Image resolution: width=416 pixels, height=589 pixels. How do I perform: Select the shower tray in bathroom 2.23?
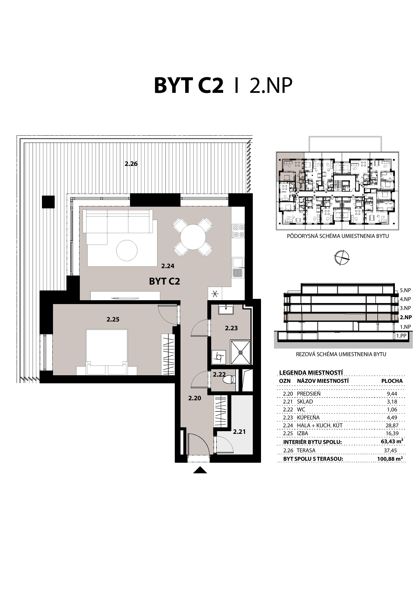pyautogui.click(x=240, y=352)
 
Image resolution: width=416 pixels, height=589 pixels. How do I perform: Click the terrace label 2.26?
pyautogui.click(x=131, y=164)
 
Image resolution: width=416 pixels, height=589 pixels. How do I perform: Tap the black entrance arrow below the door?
pyautogui.click(x=200, y=470)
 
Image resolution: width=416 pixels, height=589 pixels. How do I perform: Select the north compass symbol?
pyautogui.click(x=342, y=257)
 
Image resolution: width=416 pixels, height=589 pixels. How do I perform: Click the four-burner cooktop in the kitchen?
pyautogui.click(x=238, y=231)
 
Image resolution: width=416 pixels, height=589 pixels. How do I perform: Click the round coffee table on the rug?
pyautogui.click(x=127, y=250)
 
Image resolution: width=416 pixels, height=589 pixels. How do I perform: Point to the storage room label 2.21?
pyautogui.click(x=239, y=432)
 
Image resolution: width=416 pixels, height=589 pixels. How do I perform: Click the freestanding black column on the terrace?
pyautogui.click(x=48, y=202)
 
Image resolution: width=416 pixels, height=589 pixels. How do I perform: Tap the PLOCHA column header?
pyautogui.click(x=392, y=381)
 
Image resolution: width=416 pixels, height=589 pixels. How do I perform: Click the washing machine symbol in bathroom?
pyautogui.click(x=219, y=357)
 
